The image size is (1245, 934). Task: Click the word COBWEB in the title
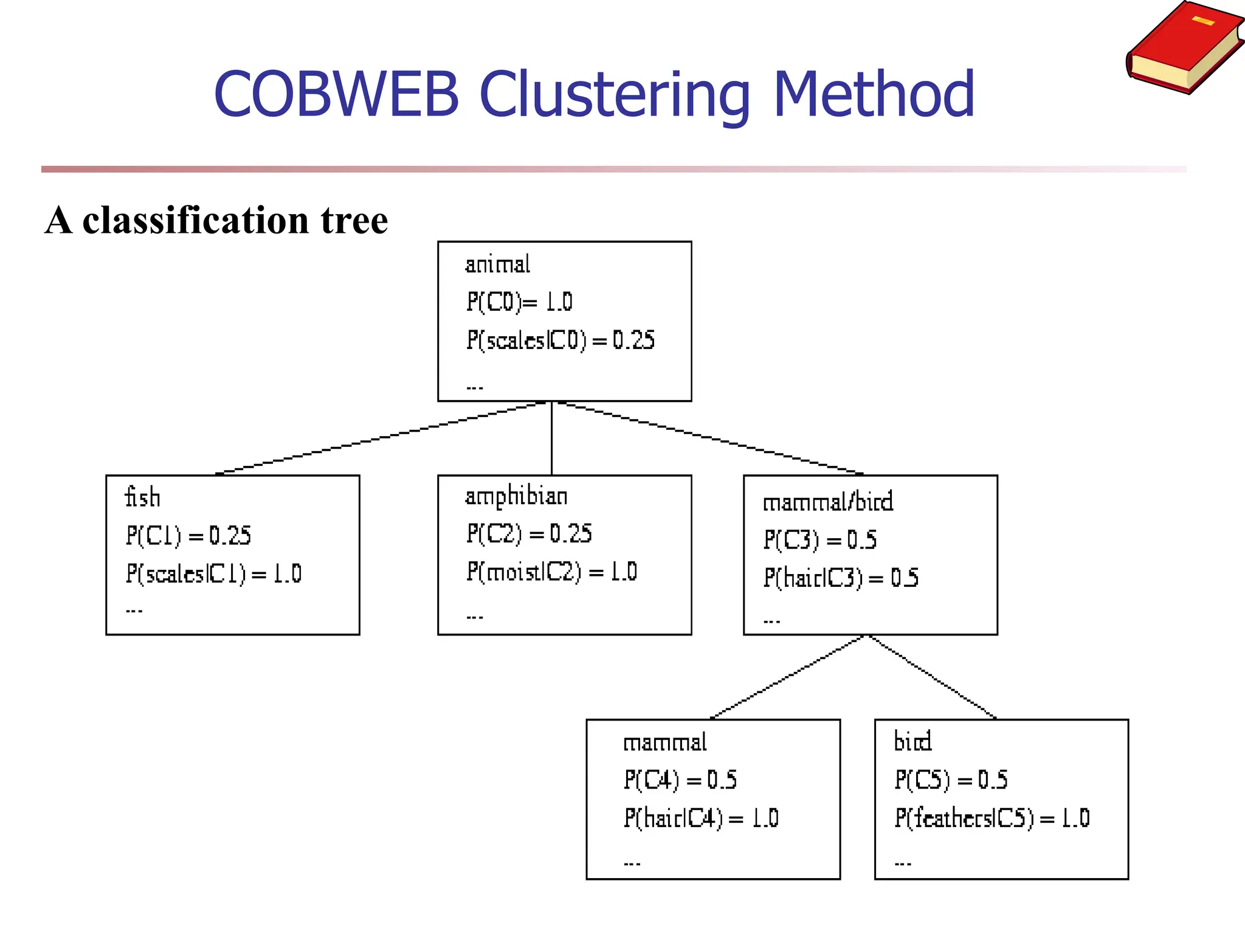(336, 94)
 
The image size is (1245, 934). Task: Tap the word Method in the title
(874, 94)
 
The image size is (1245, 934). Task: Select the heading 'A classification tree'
(216, 220)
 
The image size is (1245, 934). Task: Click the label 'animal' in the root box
(497, 265)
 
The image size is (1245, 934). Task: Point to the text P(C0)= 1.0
(519, 302)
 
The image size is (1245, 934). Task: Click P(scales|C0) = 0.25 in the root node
(560, 341)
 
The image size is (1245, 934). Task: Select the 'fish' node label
(142, 497)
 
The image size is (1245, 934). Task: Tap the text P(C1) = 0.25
(188, 536)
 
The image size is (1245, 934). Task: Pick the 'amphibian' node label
(516, 496)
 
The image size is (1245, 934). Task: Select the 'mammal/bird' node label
(828, 502)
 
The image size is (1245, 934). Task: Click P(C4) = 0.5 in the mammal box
(680, 780)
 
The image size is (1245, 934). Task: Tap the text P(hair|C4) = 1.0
(701, 818)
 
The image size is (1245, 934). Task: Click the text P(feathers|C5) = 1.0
(992, 818)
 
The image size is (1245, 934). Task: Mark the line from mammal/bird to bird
(933, 677)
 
